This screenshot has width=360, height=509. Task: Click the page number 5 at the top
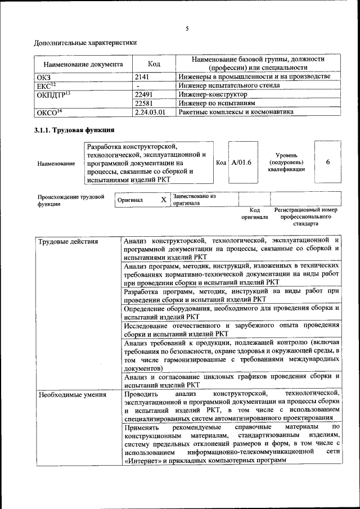coord(187,29)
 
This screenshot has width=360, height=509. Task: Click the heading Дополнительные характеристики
coord(85,42)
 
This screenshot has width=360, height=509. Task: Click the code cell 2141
coord(145,76)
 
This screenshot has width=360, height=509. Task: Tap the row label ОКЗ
coord(43,76)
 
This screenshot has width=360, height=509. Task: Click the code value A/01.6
coord(241,163)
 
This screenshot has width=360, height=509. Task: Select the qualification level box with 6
coord(327,162)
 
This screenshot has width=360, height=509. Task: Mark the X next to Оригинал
coord(164,200)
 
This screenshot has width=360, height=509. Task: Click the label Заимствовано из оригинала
coord(195,200)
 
